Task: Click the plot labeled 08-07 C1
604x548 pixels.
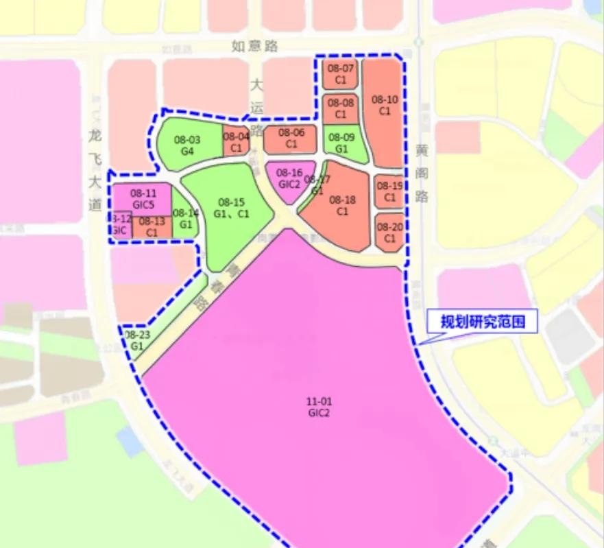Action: coord(340,74)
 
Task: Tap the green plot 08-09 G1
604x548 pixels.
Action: coord(340,143)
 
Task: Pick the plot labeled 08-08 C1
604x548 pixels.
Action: coord(340,108)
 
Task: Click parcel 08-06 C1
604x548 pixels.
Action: coord(291,139)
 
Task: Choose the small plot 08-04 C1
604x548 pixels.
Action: coord(236,142)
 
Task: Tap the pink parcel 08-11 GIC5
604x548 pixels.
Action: coord(143,198)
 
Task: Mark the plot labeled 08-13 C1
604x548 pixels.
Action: coord(152,227)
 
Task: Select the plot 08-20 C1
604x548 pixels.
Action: coord(389,232)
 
